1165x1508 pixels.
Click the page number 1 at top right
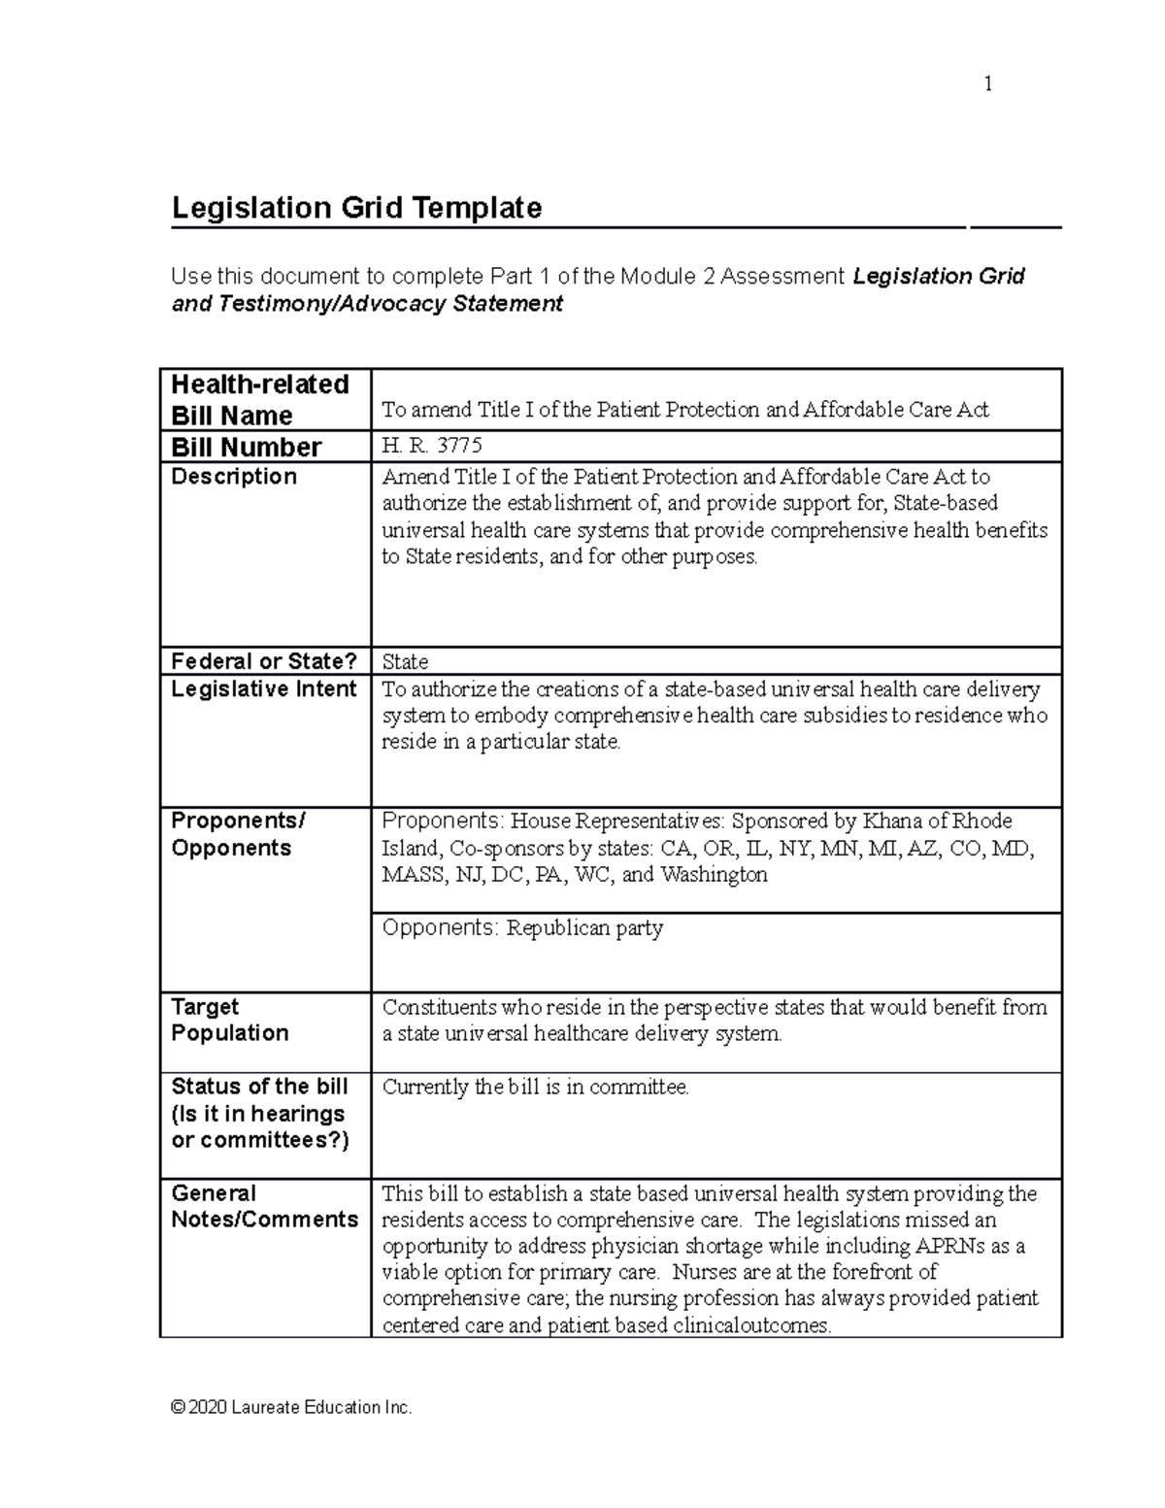click(987, 84)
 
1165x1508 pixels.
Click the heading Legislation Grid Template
click(356, 208)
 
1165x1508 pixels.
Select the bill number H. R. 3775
click(431, 446)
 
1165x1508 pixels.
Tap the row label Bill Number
click(246, 447)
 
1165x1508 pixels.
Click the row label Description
click(234, 476)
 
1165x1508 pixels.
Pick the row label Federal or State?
click(264, 661)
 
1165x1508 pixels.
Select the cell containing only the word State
click(405, 662)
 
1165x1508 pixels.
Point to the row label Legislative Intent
click(264, 688)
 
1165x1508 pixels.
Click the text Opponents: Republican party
click(522, 927)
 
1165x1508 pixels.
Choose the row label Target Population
click(230, 1020)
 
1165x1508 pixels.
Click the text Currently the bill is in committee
click(535, 1087)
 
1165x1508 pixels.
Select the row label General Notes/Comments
click(264, 1206)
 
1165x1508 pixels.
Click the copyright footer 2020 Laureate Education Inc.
click(291, 1407)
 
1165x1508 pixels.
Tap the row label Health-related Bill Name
click(259, 399)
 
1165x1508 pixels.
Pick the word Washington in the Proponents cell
click(714, 874)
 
